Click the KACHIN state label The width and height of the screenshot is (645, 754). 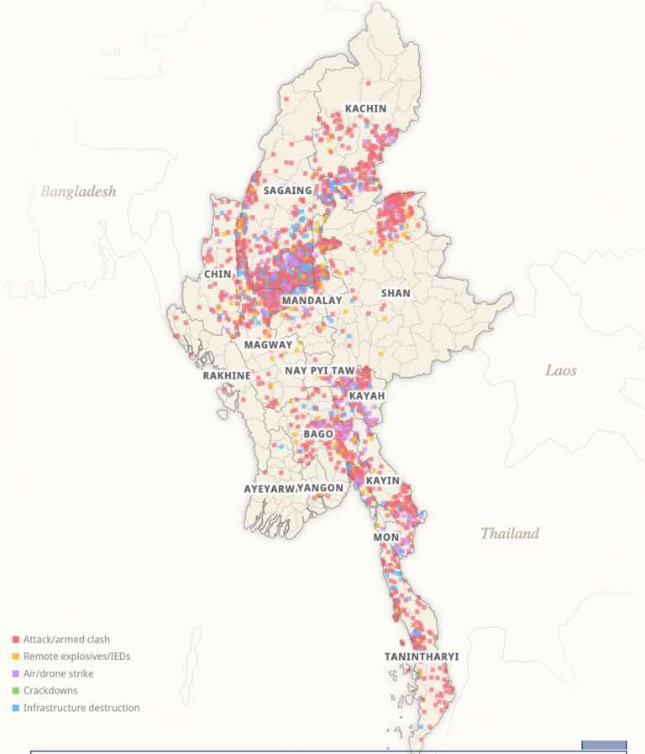(365, 109)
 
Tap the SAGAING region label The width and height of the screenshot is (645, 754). (287, 191)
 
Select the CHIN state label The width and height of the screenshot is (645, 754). (218, 275)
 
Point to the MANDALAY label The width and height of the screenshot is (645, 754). (312, 301)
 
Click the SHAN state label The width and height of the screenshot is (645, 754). (396, 293)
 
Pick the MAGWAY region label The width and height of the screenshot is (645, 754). (268, 345)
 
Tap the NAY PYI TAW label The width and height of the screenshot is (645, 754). (320, 370)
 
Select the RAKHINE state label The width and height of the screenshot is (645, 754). (227, 375)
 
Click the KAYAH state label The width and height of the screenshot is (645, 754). (366, 395)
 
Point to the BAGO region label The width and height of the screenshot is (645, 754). (318, 433)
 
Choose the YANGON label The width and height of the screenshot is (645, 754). (321, 488)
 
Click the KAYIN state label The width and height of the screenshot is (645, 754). (382, 480)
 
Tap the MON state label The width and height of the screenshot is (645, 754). (386, 537)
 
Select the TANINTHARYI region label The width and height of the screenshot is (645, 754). (422, 656)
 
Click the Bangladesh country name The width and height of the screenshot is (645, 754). (78, 191)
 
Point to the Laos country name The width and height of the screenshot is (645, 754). (561, 370)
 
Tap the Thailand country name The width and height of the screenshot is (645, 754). (510, 533)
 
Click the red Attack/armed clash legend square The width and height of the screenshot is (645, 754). (15, 640)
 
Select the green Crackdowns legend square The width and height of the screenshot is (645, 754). (15, 691)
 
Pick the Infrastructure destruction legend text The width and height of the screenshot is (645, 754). (81, 708)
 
